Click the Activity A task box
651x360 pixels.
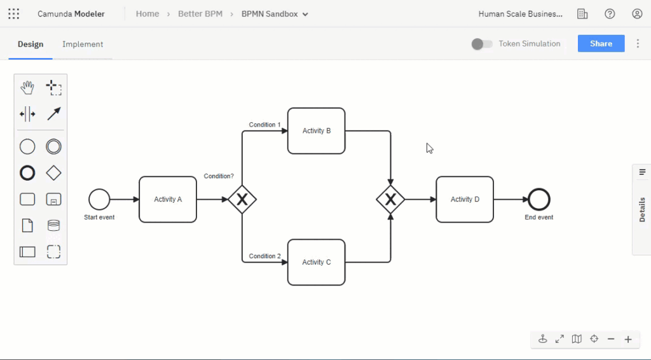coord(168,199)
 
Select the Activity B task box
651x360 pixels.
coord(316,131)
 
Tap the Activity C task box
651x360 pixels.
coord(316,262)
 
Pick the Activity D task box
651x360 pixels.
coord(465,199)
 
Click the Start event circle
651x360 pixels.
coord(99,199)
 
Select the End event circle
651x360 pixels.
coord(538,200)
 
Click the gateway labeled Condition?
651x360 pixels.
coord(242,200)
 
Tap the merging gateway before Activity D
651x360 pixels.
coord(390,200)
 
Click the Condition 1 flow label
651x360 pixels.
coord(264,125)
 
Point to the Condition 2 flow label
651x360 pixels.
coord(264,256)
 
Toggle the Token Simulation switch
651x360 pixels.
coord(482,44)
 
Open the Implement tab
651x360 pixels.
coord(83,44)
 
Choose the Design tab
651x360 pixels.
coord(31,44)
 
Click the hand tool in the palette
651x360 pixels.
coord(27,88)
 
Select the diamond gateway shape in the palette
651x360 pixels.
coord(54,173)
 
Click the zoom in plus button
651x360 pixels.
coord(628,339)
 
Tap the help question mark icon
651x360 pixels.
coord(610,14)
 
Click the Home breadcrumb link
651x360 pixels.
coord(147,14)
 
